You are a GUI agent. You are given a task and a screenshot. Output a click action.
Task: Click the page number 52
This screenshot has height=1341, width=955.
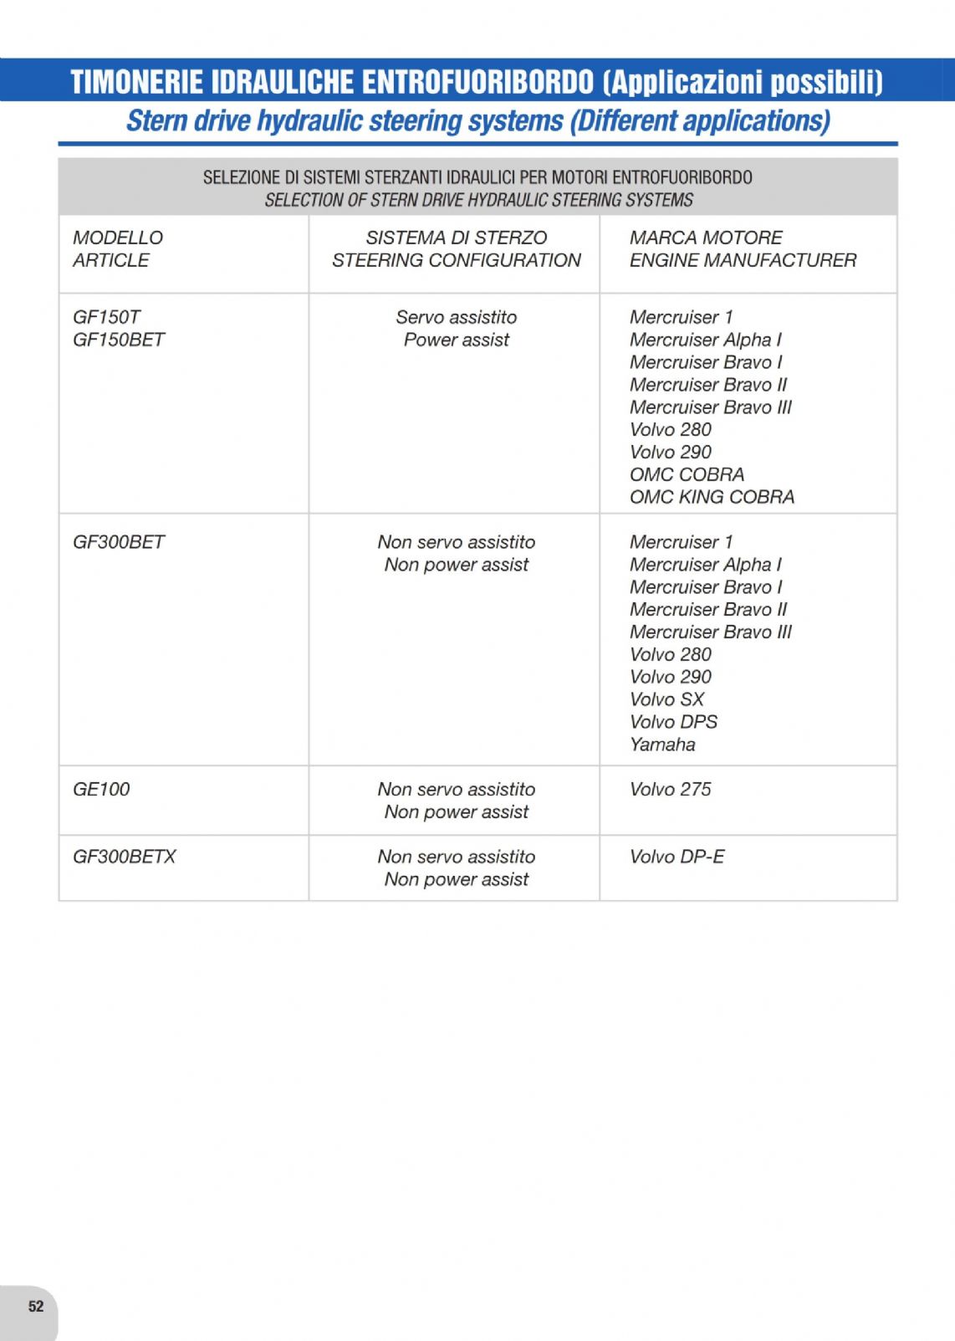coord(36,1306)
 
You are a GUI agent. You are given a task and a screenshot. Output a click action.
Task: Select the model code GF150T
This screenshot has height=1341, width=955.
coord(106,317)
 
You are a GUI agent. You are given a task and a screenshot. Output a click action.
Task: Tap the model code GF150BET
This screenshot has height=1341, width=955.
coord(119,340)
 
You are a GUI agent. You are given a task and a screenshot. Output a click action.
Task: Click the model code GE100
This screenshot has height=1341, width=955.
coord(101,789)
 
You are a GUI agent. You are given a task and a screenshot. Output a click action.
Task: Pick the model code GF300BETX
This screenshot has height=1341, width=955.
coord(125,857)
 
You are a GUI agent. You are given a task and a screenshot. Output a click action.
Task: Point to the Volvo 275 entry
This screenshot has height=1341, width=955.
coord(670,789)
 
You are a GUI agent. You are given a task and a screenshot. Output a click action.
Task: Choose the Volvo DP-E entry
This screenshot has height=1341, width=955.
coord(677,857)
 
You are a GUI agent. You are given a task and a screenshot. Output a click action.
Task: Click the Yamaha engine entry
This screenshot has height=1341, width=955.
coord(662,745)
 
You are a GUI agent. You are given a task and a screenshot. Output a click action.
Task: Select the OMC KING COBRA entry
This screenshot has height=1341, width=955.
coord(712,497)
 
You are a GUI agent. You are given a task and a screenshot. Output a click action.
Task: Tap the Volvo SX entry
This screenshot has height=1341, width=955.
coord(666,699)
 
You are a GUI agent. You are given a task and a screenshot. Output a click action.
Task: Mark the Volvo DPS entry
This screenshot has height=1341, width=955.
coord(673,722)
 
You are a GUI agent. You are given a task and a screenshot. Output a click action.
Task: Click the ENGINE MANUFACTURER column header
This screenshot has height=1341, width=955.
coord(743,260)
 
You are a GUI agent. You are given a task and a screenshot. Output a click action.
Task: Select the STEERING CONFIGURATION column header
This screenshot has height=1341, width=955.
coord(456,260)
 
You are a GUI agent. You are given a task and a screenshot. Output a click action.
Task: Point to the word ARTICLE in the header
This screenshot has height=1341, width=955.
coord(110,260)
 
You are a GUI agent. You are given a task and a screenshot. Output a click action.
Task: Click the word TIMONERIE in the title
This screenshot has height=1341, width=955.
coord(136,82)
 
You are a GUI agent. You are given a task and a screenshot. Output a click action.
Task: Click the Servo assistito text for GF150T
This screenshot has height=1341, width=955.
coord(456,317)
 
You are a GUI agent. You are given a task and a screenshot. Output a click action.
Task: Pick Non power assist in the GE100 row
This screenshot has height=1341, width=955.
coord(456,811)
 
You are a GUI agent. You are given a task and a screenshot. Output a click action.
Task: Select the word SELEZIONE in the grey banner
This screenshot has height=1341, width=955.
coord(241,177)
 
